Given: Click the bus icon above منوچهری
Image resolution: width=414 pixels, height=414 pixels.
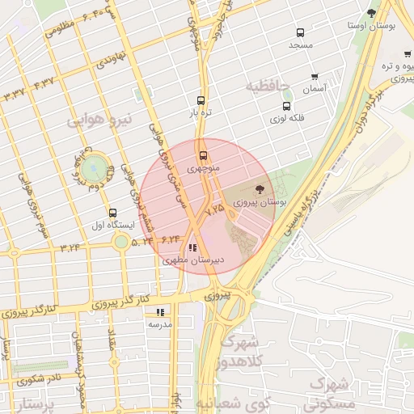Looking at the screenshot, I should coord(202,155).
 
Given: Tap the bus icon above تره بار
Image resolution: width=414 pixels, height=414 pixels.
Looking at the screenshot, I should coord(201,102).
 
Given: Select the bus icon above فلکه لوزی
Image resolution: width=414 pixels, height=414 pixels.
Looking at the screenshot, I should coord(286,106).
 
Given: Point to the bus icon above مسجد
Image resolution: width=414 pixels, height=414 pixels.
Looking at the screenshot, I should coord(300,33).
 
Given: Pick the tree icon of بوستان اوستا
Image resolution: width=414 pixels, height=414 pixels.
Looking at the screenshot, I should coord(371,13).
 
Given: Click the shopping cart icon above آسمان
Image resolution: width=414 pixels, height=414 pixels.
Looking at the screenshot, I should coord(314,77).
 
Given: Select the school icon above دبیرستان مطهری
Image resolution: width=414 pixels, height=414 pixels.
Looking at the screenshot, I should coord(192,247).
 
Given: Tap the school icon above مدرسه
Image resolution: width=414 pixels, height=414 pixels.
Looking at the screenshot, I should coord(160,311).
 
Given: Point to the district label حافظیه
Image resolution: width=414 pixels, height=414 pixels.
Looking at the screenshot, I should coord(269,85).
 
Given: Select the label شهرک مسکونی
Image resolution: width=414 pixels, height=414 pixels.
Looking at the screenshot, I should coord(333,391).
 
